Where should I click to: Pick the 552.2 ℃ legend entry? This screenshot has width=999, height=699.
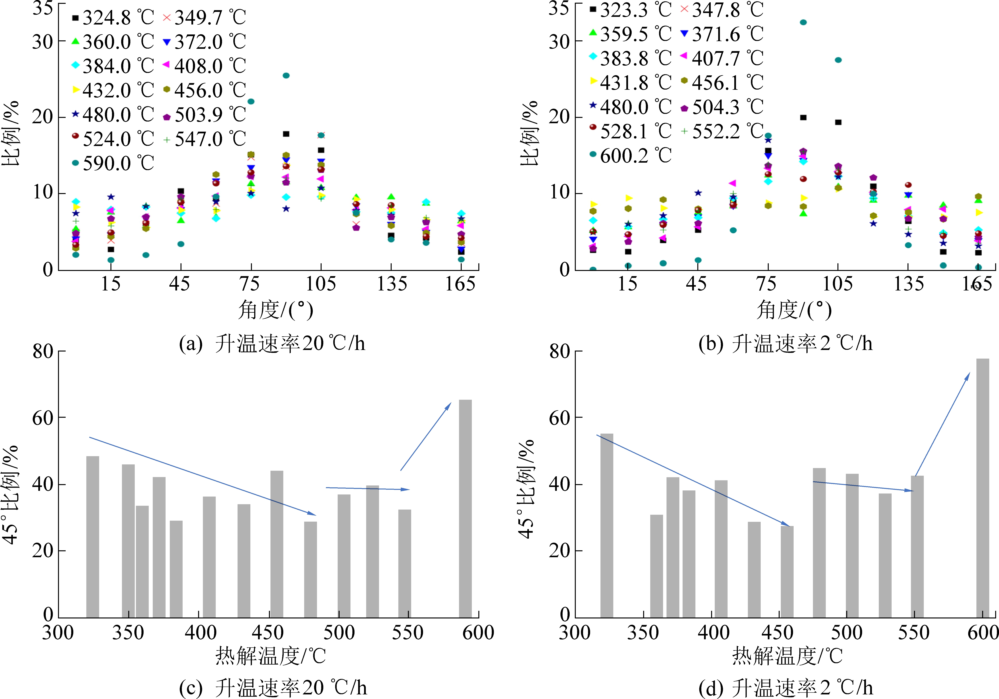[722, 131]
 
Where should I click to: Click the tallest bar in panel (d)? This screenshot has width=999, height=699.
[983, 487]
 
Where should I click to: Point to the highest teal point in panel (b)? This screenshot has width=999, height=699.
[803, 22]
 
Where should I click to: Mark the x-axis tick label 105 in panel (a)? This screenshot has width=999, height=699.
[321, 284]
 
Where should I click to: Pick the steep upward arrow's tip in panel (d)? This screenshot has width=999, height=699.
[969, 373]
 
